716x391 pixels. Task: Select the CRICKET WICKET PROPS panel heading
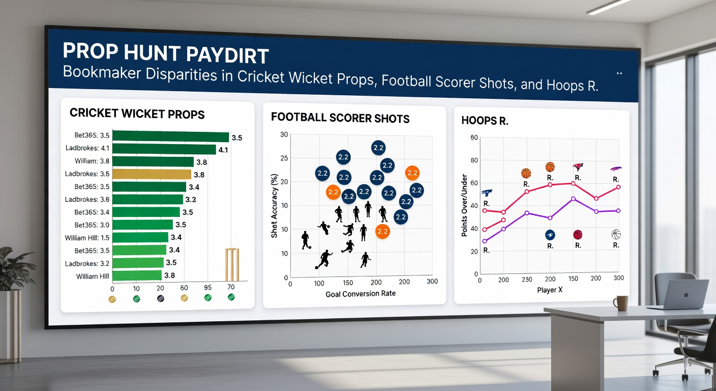pos(137,114)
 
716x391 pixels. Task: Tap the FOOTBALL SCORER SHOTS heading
pos(340,118)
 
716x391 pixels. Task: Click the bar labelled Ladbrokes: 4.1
pos(164,149)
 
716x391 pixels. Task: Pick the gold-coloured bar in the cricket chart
pos(152,174)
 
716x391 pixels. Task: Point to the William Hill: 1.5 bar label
pos(87,238)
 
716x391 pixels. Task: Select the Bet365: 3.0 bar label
pos(92,225)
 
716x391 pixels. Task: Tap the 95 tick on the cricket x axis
pos(207,287)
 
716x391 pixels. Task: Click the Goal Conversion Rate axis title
pos(361,293)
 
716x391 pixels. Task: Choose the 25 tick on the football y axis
pos(284,158)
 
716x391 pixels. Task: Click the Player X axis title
pos(549,290)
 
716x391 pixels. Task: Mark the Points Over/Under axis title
pos(464,207)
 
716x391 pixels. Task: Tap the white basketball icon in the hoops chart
pos(616,234)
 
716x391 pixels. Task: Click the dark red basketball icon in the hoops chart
pos(578,235)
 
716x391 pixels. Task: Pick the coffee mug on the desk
pos(620,303)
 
